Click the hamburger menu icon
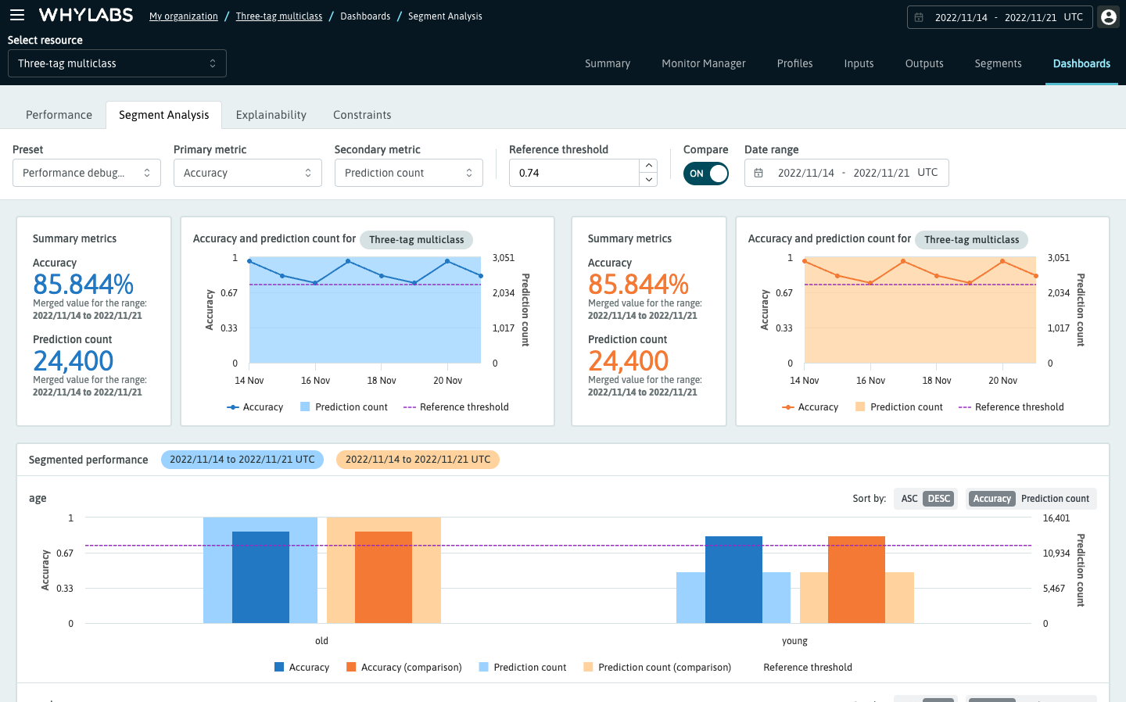[x=17, y=15]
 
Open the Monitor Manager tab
[x=703, y=63]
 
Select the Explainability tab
[x=271, y=115]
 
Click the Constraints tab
[x=362, y=115]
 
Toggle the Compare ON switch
[x=705, y=174]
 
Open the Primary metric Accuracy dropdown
[x=247, y=173]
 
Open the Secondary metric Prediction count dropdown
[x=408, y=173]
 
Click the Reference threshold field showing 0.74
[x=574, y=173]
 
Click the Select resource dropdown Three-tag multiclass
[x=117, y=63]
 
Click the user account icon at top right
[x=1108, y=17]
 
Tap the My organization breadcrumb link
[x=184, y=16]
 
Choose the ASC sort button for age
[x=909, y=499]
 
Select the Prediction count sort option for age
[x=1054, y=499]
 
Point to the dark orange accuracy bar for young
[x=856, y=579]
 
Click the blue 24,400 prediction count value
[x=74, y=361]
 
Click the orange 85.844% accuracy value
[x=638, y=285]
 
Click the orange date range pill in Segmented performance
[x=418, y=460]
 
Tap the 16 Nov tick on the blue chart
[x=315, y=381]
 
